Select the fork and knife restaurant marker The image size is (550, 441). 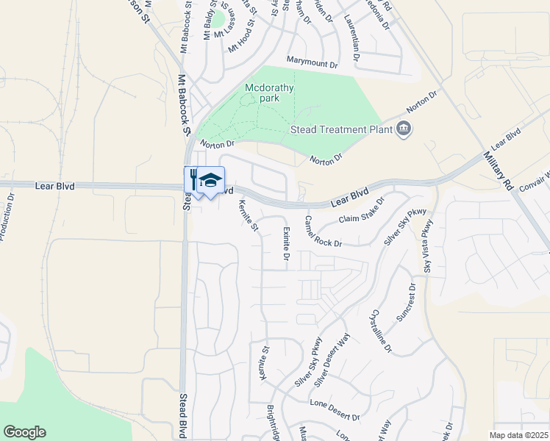tap(193, 180)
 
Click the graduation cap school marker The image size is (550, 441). tap(210, 180)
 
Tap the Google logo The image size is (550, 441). tap(24, 432)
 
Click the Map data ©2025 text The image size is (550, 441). tap(518, 435)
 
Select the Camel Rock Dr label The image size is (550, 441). tap(324, 232)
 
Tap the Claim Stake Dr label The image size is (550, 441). tap(362, 211)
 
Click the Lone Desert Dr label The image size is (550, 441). tap(335, 411)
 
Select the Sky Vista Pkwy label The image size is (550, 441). tap(426, 250)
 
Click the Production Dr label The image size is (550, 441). tap(6, 216)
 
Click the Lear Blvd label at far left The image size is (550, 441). tap(55, 187)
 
